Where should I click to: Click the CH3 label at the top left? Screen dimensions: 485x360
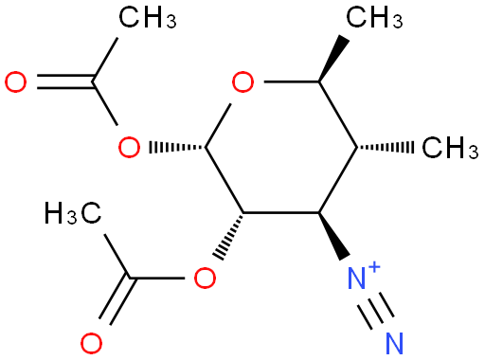(x=148, y=17)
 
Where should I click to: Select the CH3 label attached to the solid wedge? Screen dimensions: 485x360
(x=374, y=17)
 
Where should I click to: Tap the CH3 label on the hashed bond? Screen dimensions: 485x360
(x=450, y=147)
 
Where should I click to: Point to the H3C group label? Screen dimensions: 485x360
(x=73, y=213)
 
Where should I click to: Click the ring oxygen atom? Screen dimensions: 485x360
(x=242, y=82)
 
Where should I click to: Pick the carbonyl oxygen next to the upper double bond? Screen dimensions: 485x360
(x=15, y=82)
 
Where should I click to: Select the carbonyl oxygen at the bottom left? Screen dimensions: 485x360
(x=91, y=343)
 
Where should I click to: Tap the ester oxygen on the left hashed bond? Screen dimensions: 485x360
(x=129, y=147)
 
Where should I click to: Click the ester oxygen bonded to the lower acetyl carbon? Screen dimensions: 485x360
(x=205, y=278)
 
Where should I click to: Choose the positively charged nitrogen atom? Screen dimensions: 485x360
(x=357, y=278)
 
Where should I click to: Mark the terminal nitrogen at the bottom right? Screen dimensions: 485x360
(x=395, y=343)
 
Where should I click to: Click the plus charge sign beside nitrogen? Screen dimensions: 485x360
(x=374, y=267)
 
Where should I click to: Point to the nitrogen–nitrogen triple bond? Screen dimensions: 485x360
(x=376, y=311)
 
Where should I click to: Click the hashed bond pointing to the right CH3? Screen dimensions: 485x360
(x=386, y=147)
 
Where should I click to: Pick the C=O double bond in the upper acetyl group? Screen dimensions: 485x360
(x=64, y=82)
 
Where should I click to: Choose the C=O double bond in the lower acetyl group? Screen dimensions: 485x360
(x=116, y=300)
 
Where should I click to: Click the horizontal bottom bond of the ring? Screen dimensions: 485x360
(x=281, y=212)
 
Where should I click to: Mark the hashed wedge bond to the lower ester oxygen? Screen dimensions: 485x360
(x=229, y=235)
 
